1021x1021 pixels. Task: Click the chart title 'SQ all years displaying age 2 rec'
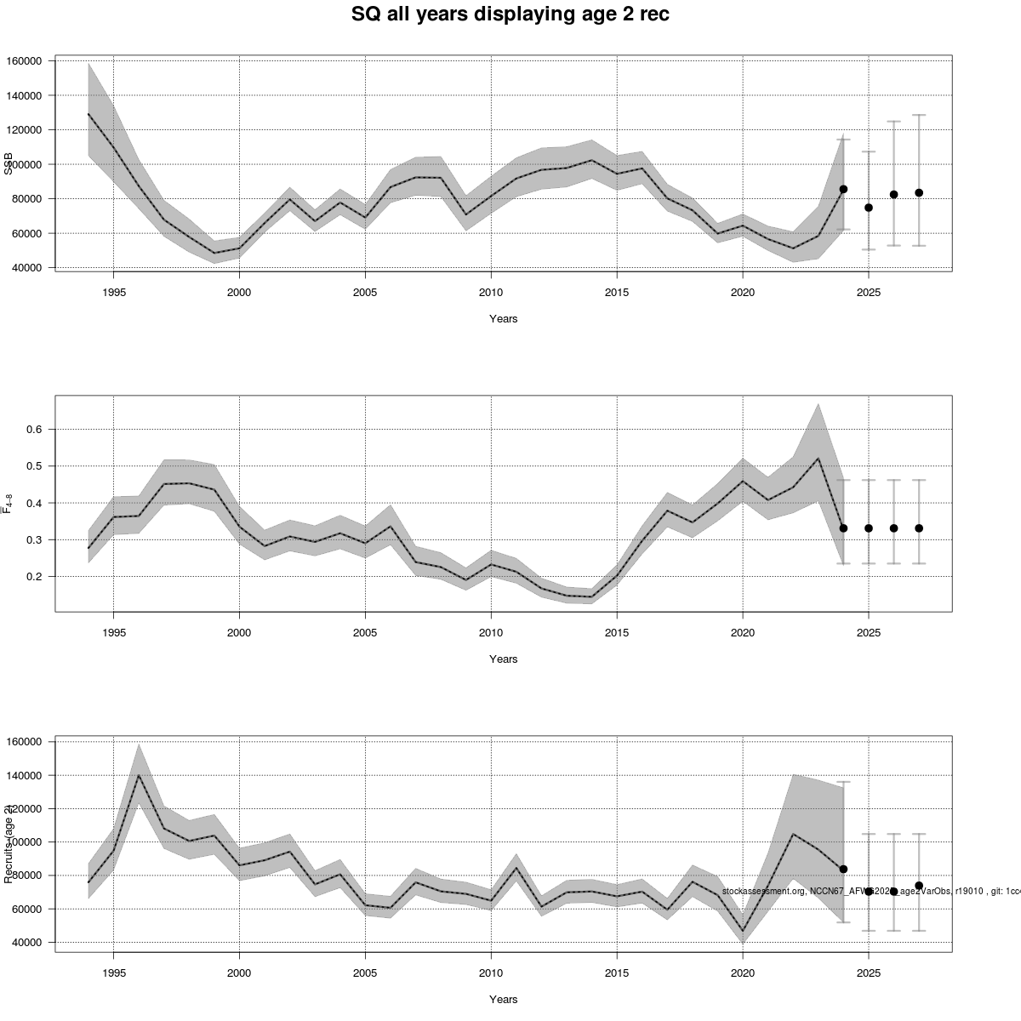click(x=510, y=14)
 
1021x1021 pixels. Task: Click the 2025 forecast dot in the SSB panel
click(x=869, y=208)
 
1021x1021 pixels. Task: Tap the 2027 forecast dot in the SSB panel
click(x=919, y=192)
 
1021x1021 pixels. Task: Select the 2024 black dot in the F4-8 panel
click(x=843, y=528)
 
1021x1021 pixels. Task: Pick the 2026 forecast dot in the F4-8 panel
click(x=893, y=528)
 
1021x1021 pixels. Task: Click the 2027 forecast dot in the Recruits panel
click(x=919, y=886)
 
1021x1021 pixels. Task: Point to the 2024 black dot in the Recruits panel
click(x=843, y=869)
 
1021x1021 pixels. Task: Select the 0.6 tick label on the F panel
click(x=34, y=430)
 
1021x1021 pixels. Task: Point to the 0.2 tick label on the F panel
click(x=34, y=577)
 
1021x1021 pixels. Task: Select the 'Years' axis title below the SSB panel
click(x=504, y=319)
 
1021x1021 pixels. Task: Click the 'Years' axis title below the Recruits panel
click(x=504, y=1000)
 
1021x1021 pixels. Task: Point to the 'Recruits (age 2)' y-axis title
click(x=9, y=843)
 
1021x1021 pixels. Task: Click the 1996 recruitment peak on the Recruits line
click(x=139, y=775)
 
